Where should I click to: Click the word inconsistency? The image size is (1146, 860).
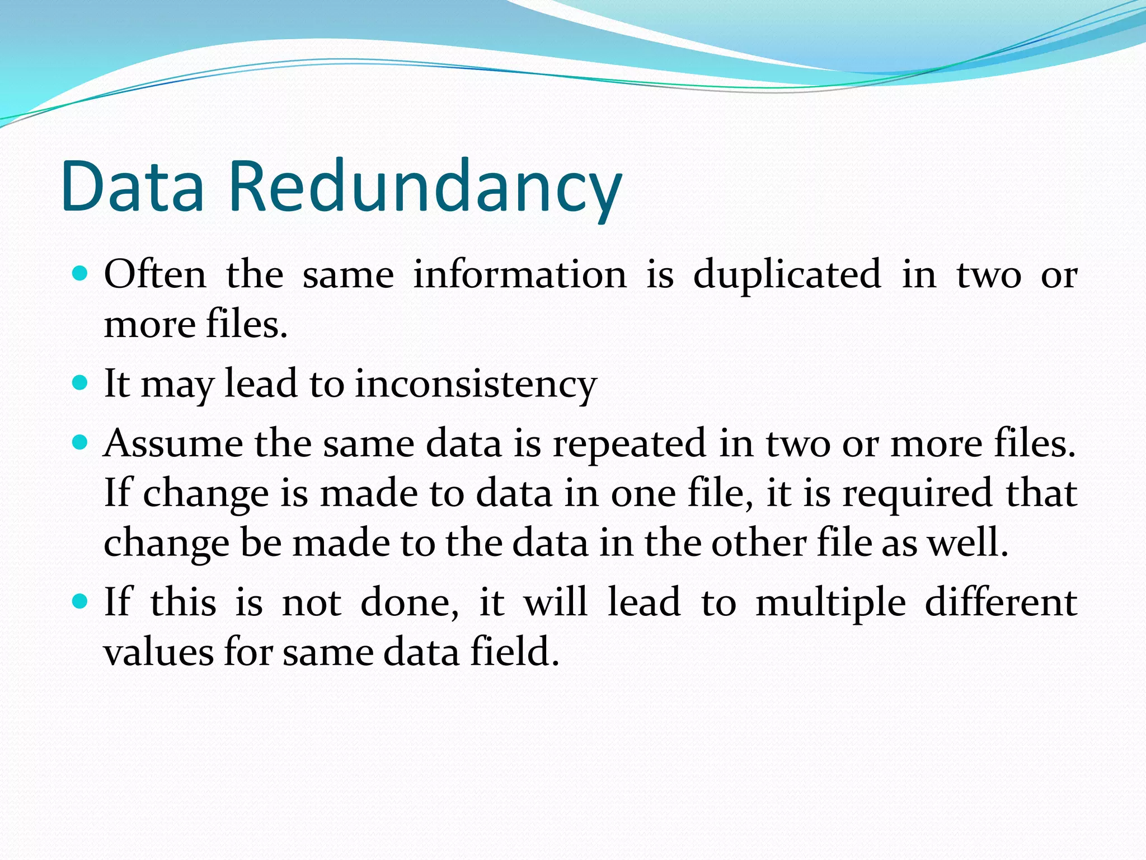click(x=476, y=385)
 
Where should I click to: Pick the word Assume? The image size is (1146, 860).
click(x=173, y=443)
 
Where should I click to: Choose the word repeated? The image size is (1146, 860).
click(x=630, y=443)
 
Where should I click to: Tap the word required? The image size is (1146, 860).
click(x=918, y=494)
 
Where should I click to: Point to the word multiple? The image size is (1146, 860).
click(x=830, y=604)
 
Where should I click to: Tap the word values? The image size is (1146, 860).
click(x=158, y=653)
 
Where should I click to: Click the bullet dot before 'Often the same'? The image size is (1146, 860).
click(x=81, y=274)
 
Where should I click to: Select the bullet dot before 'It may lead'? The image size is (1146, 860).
click(x=81, y=383)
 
